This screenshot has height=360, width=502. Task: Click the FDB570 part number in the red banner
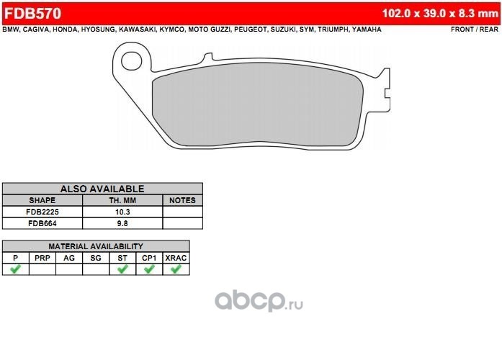32,14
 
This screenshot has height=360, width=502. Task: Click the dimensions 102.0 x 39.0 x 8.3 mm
440,14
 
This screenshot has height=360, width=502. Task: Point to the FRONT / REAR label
475,30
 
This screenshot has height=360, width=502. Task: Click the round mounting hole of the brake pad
132,60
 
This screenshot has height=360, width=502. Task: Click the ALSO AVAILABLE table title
102,189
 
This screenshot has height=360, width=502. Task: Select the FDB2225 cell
42,212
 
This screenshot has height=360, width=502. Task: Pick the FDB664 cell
42,223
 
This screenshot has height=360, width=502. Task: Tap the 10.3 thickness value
122,212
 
